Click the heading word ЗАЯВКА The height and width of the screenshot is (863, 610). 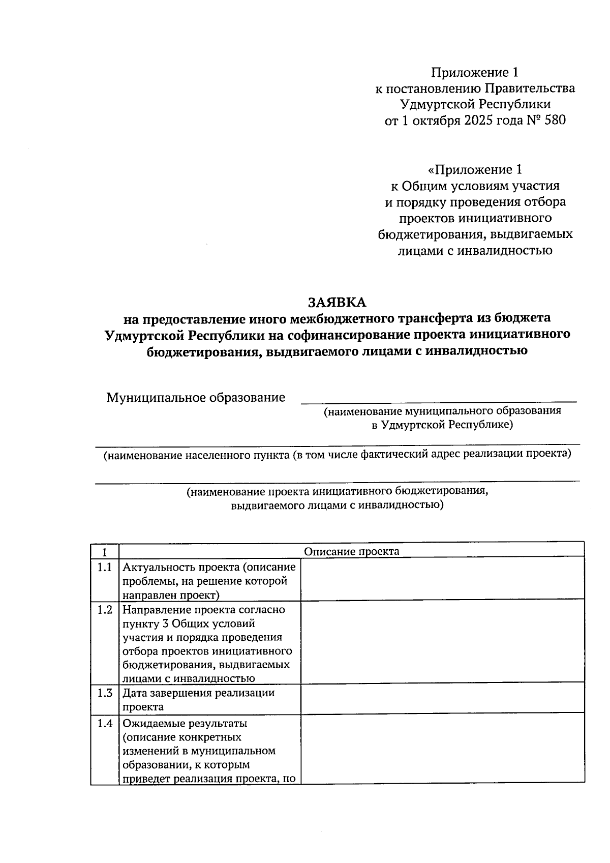[x=337, y=302]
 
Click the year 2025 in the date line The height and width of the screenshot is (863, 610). [x=478, y=121]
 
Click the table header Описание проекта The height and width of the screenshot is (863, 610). [x=351, y=551]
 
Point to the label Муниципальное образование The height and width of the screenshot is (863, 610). [x=196, y=397]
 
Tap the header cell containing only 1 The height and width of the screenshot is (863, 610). [x=105, y=551]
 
